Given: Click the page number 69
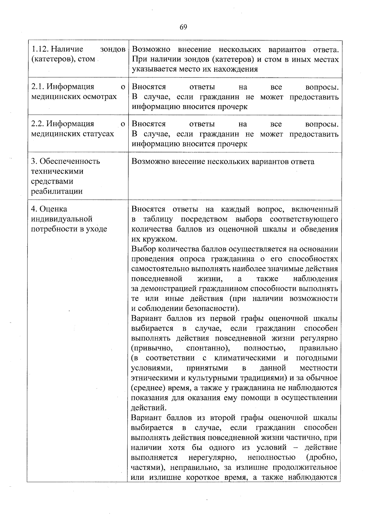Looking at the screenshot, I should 183,27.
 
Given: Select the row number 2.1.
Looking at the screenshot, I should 38,87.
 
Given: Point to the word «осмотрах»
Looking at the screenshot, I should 100,97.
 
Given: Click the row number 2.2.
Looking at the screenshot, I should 38,124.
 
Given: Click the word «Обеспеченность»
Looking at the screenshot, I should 70,161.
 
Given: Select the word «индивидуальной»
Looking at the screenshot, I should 62,219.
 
